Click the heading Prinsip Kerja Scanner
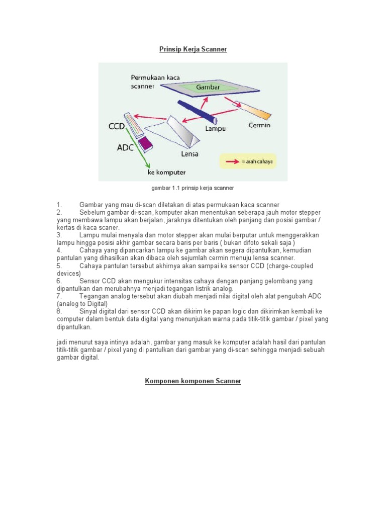point(193,49)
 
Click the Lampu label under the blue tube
point(215,129)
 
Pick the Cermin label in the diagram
point(259,125)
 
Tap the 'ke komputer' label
point(166,173)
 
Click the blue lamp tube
point(196,111)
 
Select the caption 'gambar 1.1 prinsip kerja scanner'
point(192,188)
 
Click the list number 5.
point(59,265)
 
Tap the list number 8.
point(59,312)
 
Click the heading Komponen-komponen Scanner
point(193,381)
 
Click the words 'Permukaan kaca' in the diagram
point(155,78)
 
